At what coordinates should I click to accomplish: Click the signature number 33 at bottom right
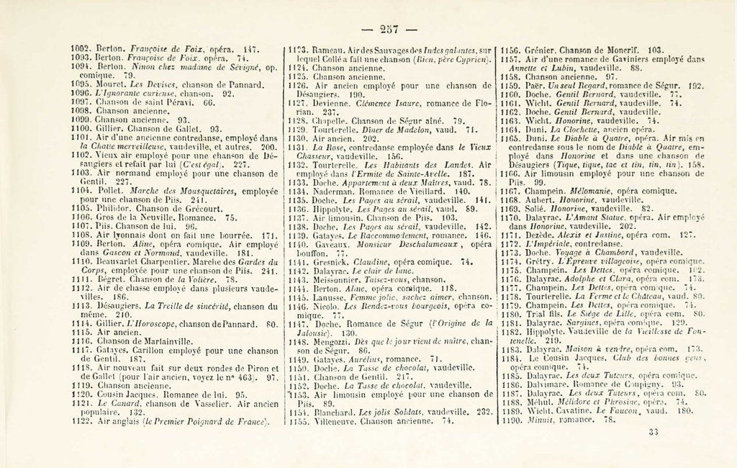pyautogui.click(x=654, y=433)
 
